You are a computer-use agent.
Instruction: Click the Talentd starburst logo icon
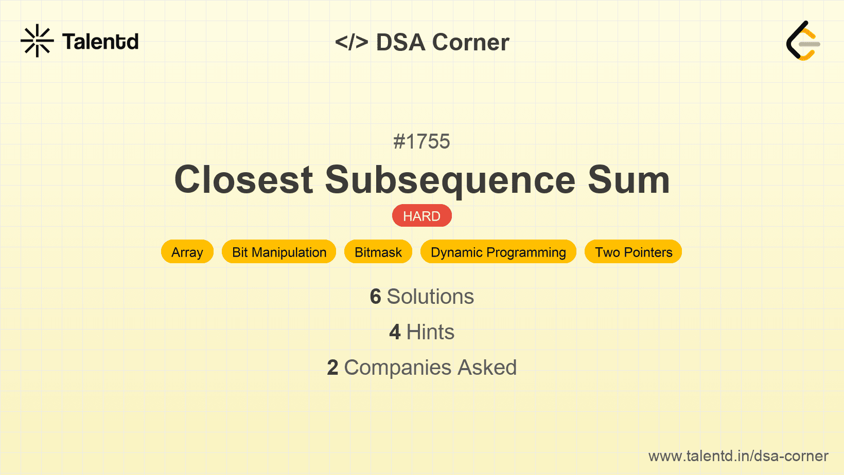coord(37,41)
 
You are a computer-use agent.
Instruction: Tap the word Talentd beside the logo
coord(100,42)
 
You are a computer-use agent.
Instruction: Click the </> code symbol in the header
coord(351,42)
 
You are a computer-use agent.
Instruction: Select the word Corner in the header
coord(470,42)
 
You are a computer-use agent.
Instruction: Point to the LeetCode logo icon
coord(803,41)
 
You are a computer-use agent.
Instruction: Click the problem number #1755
coord(421,141)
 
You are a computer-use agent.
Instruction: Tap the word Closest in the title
coord(243,179)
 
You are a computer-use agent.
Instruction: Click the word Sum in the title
coord(628,179)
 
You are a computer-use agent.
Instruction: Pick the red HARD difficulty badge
coord(422,216)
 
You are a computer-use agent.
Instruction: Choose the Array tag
coord(187,252)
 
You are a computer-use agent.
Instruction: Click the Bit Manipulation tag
coord(279,252)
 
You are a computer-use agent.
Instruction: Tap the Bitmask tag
coord(378,252)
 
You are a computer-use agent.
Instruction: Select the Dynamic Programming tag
coord(498,252)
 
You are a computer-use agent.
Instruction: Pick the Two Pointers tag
coord(634,252)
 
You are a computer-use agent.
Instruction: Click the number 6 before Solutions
coord(375,297)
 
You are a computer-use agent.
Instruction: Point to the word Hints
coord(430,332)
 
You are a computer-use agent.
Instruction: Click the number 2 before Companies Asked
coord(332,368)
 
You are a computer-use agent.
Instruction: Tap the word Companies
coord(397,368)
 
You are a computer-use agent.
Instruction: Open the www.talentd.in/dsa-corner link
coord(738,456)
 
